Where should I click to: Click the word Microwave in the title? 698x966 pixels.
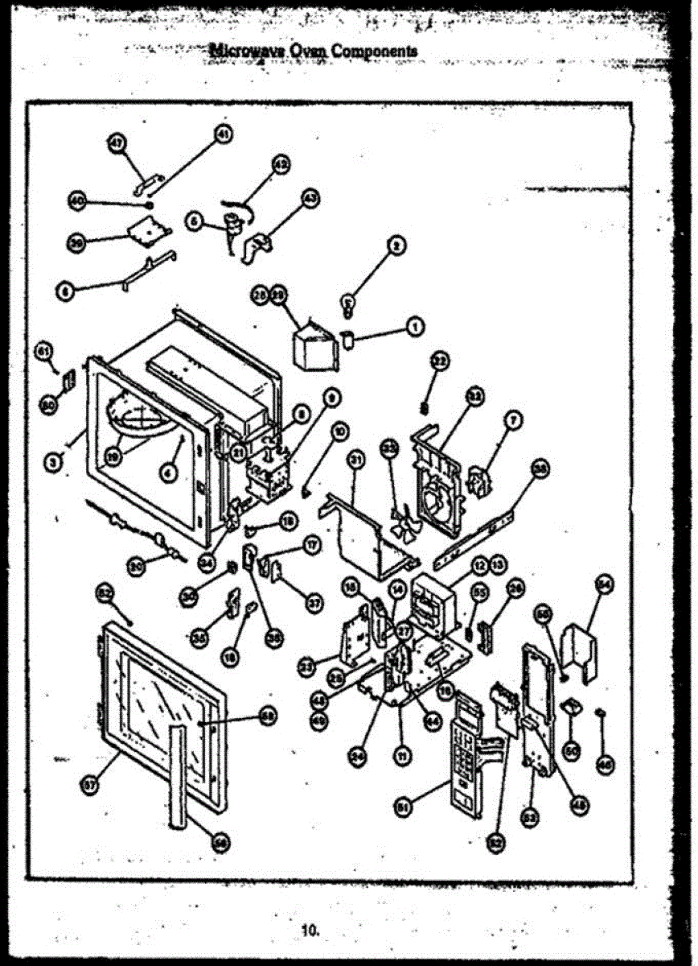click(x=236, y=51)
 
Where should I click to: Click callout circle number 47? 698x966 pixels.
click(x=117, y=142)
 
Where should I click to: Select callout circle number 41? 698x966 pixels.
click(x=223, y=134)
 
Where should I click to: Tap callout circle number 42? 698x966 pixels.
click(x=281, y=164)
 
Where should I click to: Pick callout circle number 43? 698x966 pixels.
click(x=310, y=197)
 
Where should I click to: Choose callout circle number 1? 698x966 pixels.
click(x=415, y=326)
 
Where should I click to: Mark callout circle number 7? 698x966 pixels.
click(x=514, y=419)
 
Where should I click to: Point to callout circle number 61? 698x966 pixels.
click(x=43, y=350)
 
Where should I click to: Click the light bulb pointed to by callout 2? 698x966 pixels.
click(x=348, y=304)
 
